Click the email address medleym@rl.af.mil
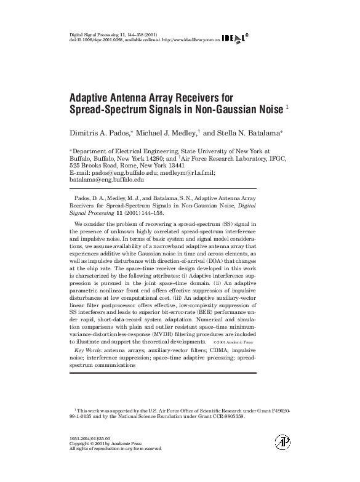click(x=187, y=174)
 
